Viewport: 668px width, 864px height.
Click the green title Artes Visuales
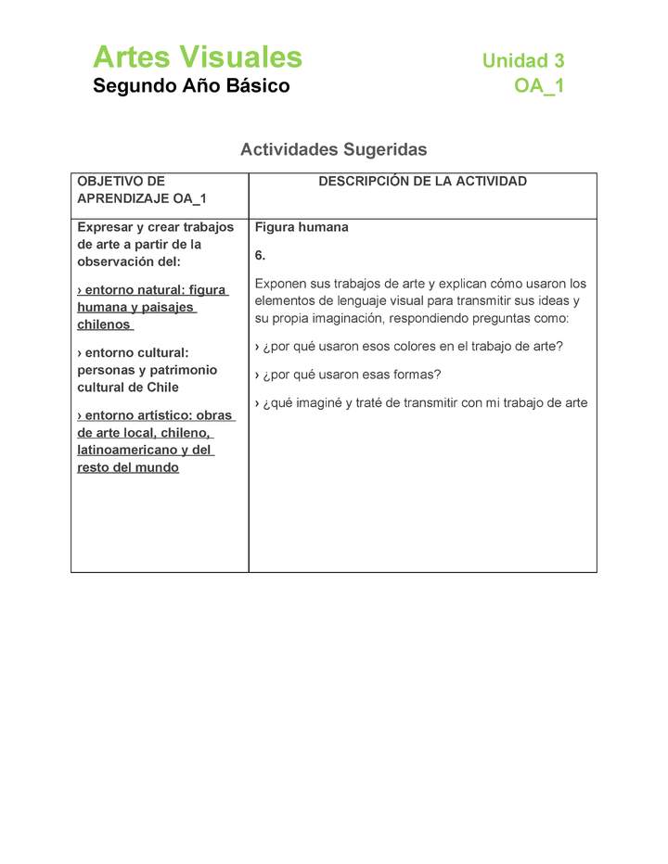(x=197, y=57)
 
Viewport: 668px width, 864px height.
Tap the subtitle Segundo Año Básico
(x=191, y=86)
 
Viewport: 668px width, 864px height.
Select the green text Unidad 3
(x=522, y=61)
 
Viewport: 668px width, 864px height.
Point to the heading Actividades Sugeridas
(x=333, y=149)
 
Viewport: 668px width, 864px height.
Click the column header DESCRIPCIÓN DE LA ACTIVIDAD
(x=422, y=182)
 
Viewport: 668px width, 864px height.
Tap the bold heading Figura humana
(x=302, y=227)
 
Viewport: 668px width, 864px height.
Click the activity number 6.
(x=260, y=255)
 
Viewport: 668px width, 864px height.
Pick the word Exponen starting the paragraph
(x=281, y=284)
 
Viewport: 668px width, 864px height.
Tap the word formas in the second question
(x=413, y=375)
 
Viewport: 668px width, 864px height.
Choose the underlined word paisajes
(x=170, y=308)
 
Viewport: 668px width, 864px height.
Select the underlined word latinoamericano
(x=126, y=451)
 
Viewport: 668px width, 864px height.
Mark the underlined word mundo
(x=158, y=467)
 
